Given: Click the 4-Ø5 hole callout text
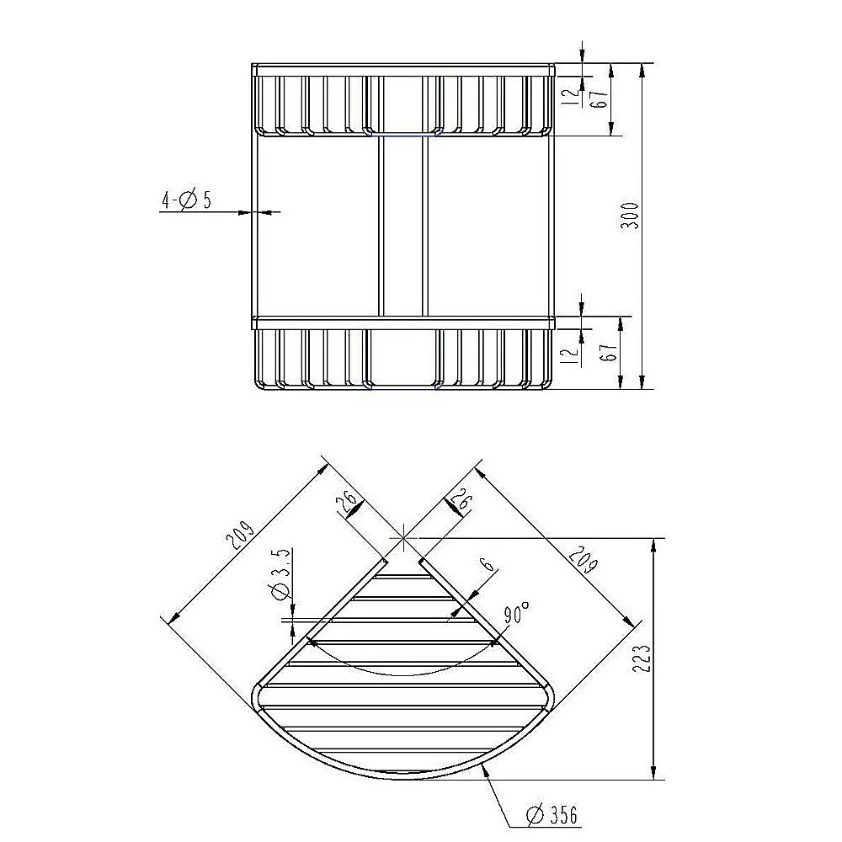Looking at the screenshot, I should (186, 200).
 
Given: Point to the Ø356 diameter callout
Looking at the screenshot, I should (552, 814).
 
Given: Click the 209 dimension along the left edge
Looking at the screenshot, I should (238, 537).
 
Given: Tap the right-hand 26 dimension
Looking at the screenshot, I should (461, 504).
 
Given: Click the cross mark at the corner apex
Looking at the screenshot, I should (404, 536).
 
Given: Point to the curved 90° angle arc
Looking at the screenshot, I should (404, 674).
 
